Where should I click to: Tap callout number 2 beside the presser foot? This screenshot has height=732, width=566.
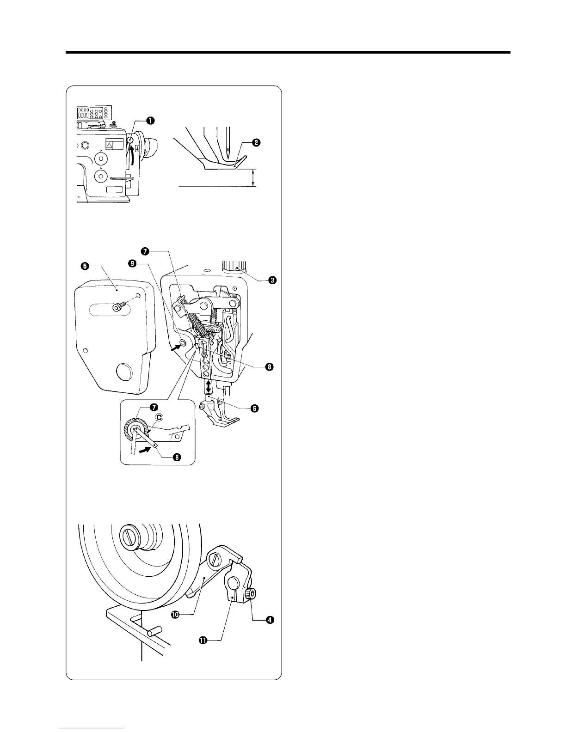[255, 143]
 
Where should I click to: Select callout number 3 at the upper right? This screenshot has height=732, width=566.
[272, 280]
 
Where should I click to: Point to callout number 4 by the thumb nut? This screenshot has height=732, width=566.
[268, 621]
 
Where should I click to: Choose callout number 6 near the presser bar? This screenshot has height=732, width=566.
[254, 408]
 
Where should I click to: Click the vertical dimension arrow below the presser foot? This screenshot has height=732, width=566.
[253, 177]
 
